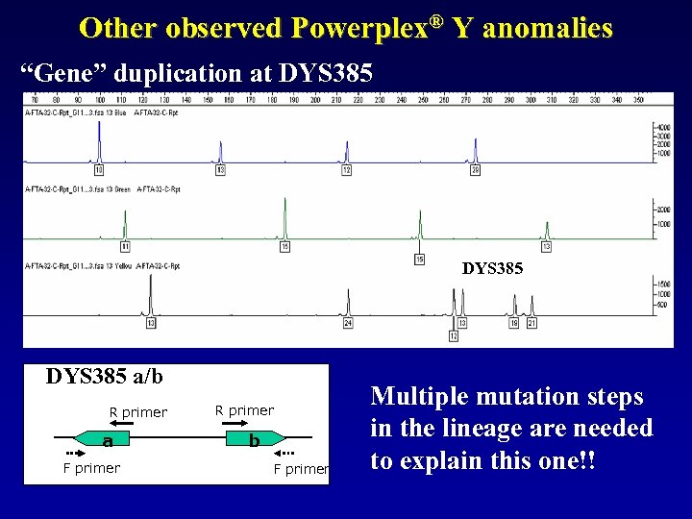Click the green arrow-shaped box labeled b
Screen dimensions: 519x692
254,440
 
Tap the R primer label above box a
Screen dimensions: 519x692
137,413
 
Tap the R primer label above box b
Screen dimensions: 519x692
244,410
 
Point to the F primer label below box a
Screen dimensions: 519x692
91,468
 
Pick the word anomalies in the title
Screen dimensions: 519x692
547,28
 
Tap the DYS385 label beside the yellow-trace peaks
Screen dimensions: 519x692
492,269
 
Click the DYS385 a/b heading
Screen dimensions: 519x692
104,376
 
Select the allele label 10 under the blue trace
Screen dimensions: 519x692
99,170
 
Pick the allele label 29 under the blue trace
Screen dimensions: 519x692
475,170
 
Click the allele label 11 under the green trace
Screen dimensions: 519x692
125,247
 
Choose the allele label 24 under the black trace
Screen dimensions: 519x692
348,323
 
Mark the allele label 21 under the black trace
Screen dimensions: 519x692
531,323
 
